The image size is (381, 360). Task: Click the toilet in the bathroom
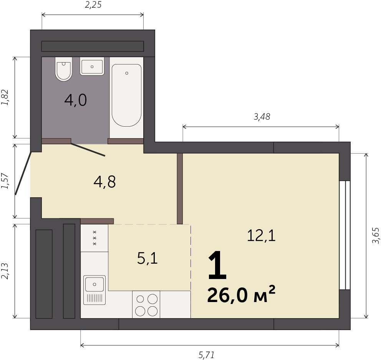point(64,69)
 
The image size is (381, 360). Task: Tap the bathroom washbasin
point(92,66)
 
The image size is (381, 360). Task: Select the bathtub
point(126,96)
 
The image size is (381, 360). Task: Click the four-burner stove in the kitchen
point(146,304)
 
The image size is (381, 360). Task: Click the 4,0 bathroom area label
point(76,100)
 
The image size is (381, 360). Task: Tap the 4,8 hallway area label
point(104,182)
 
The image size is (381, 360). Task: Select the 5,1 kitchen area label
point(147,258)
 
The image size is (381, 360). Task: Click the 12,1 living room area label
point(261,236)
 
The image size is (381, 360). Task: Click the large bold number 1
point(217,265)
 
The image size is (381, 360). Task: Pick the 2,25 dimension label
point(93,5)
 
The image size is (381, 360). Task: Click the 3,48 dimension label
point(262,117)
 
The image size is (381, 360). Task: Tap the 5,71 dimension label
point(207,355)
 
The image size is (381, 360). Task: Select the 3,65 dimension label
point(375,236)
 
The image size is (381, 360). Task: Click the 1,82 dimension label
point(5,97)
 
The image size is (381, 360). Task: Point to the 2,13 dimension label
point(5,271)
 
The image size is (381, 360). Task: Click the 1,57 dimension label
point(5,181)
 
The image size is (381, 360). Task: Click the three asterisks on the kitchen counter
point(95,238)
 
